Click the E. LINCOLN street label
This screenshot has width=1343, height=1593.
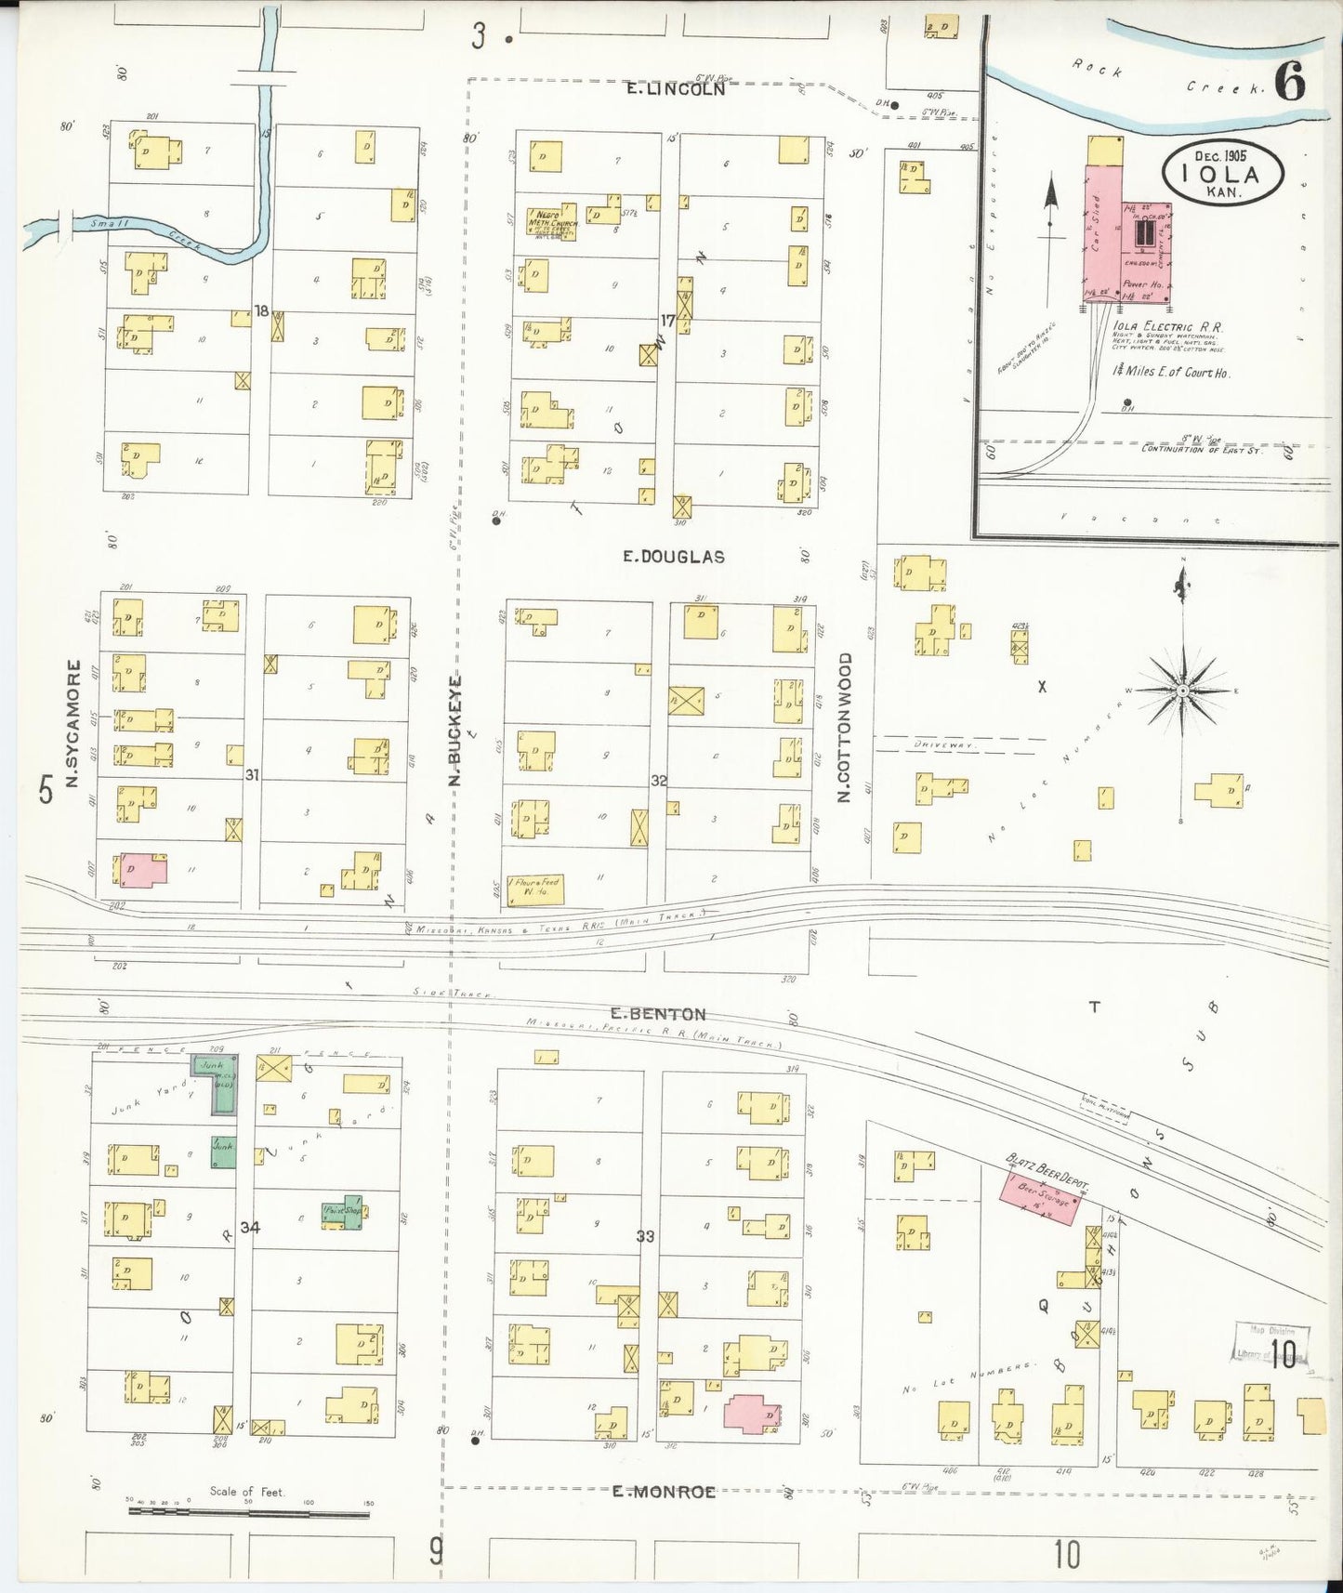click(x=674, y=90)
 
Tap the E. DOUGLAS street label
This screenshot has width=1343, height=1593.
click(x=674, y=557)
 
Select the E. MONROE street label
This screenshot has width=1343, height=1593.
click(x=664, y=1493)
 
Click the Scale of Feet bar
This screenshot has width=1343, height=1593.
click(x=248, y=1512)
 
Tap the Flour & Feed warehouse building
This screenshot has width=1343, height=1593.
click(x=535, y=889)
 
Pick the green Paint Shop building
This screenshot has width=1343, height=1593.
click(x=344, y=1212)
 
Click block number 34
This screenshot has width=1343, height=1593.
click(x=249, y=1227)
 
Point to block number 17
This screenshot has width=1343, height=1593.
click(x=666, y=321)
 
